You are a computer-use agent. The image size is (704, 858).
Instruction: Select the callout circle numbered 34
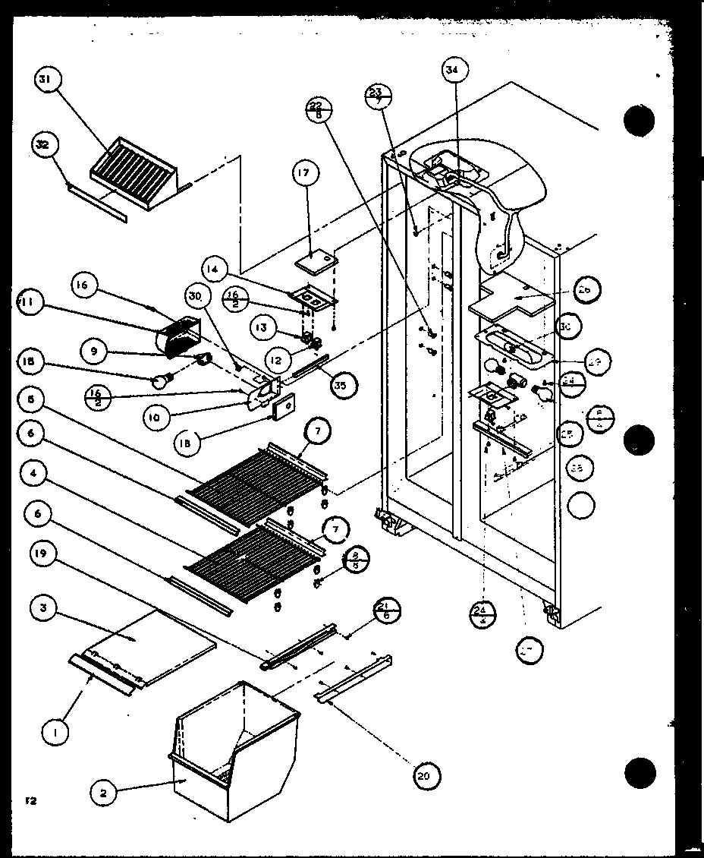pyautogui.click(x=453, y=72)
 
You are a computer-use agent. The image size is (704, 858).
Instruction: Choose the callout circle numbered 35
pyautogui.click(x=343, y=384)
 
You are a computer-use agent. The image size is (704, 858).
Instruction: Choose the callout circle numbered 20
pyautogui.click(x=426, y=775)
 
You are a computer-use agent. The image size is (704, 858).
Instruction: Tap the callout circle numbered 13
pyautogui.click(x=262, y=327)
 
